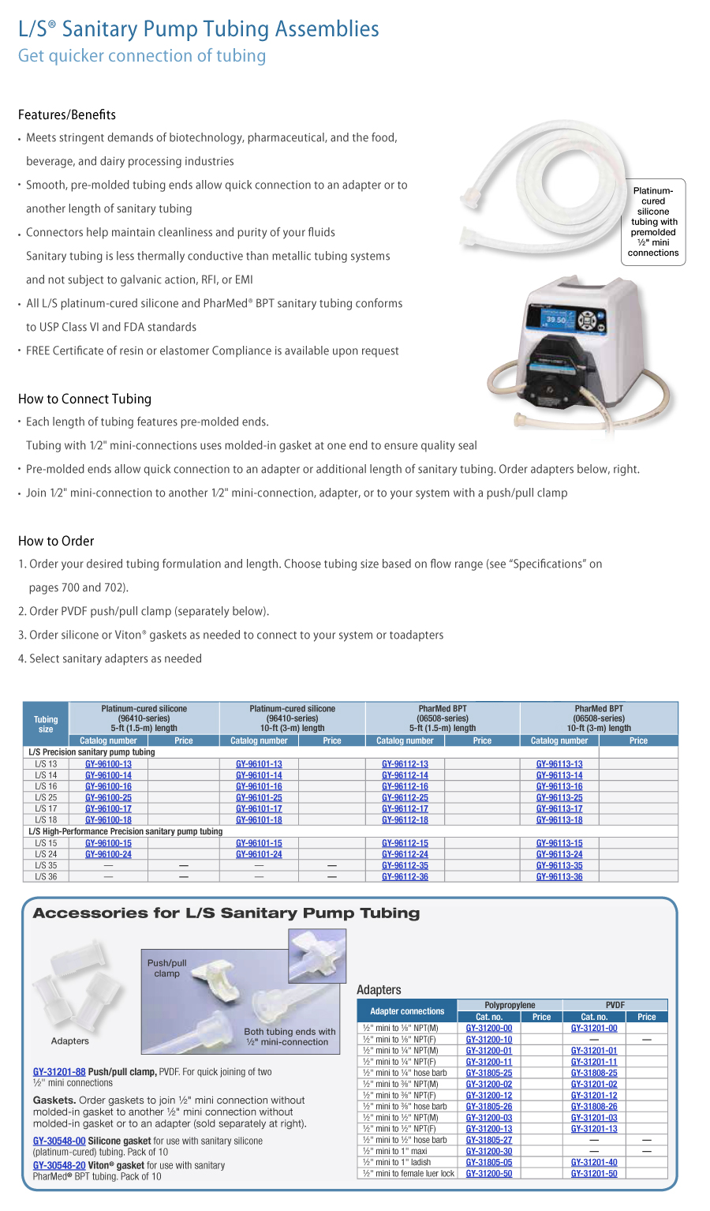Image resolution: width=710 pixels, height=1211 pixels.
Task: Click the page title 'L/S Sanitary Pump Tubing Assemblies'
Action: click(x=199, y=29)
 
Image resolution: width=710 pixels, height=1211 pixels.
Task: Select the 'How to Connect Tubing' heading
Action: click(x=84, y=399)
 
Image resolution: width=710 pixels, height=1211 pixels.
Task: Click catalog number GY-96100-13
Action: click(x=108, y=764)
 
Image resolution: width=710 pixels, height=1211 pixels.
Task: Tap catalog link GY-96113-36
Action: click(x=559, y=877)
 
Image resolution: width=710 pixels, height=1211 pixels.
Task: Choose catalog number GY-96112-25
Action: click(x=405, y=797)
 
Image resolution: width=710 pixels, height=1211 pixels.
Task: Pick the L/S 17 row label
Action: click(x=46, y=808)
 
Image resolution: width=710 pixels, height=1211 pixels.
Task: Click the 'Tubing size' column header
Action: click(x=46, y=724)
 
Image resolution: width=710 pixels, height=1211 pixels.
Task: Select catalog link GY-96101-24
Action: click(x=259, y=854)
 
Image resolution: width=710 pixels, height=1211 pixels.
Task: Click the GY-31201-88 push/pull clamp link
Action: click(x=59, y=1072)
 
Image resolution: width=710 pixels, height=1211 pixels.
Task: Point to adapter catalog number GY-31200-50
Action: click(x=488, y=1174)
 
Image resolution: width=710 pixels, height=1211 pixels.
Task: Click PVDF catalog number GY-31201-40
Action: click(x=594, y=1162)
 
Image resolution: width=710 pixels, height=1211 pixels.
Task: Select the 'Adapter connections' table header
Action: click(x=407, y=1011)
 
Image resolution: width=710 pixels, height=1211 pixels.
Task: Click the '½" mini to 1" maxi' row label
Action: click(x=394, y=1151)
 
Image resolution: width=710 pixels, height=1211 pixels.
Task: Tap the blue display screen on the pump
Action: click(x=555, y=321)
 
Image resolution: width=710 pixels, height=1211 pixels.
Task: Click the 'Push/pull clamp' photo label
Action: click(x=166, y=968)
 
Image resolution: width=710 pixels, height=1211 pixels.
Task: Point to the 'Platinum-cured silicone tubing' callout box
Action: click(x=653, y=222)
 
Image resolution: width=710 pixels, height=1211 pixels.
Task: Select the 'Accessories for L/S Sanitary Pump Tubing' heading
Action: click(x=226, y=913)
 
